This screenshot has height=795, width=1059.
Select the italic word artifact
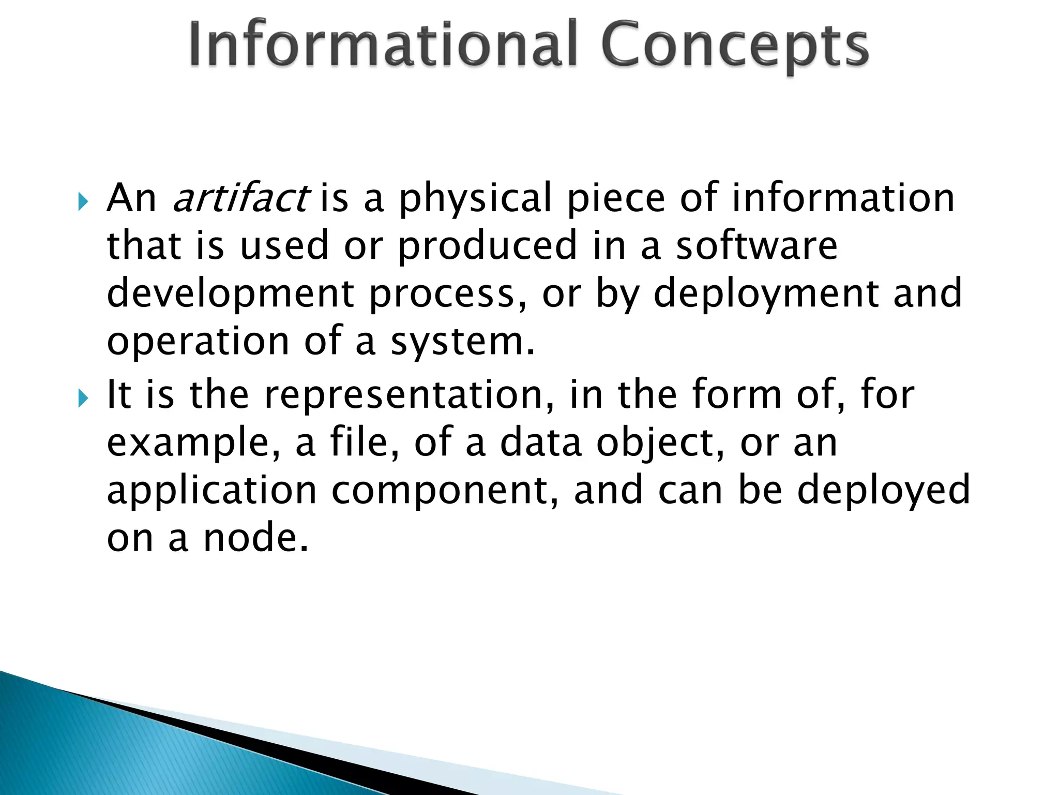[x=240, y=198]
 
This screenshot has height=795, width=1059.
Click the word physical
[x=475, y=199]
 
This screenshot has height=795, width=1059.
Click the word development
[x=230, y=294]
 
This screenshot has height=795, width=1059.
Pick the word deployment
[x=766, y=294]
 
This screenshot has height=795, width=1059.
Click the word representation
[x=409, y=394]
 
